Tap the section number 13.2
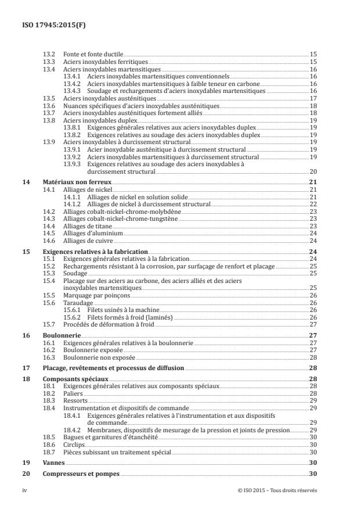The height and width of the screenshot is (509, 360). click(49, 53)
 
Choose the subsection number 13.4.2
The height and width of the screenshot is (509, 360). click(73, 83)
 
